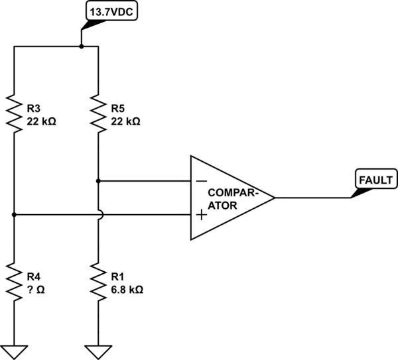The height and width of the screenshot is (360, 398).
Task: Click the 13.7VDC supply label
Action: (109, 11)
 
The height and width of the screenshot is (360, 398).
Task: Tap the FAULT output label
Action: (375, 179)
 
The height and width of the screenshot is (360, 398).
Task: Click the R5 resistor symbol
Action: (98, 113)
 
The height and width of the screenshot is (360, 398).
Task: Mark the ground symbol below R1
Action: (98, 349)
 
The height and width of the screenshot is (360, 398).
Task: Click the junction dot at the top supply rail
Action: (81, 46)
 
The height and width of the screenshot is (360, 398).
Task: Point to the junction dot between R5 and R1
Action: (98, 180)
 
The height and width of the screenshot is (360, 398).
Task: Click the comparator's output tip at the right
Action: (273, 198)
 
